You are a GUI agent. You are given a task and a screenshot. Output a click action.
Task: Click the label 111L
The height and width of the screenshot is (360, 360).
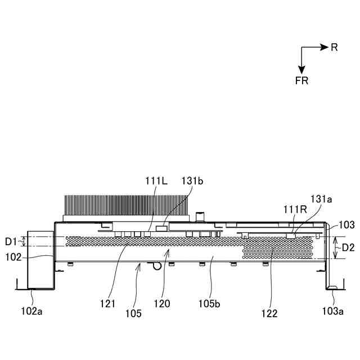point(156,181)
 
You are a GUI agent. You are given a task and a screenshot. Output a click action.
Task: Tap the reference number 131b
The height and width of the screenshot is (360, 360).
point(192,181)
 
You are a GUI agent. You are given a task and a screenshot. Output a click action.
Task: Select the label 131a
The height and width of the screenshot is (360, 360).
point(321,199)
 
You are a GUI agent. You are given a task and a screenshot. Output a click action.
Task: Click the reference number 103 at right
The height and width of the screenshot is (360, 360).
point(347,224)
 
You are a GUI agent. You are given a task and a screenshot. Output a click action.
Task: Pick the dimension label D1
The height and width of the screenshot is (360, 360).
point(12,241)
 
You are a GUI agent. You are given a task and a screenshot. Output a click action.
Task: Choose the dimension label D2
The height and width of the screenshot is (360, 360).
point(349,247)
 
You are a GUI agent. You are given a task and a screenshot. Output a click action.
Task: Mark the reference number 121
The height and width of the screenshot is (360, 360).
point(107,304)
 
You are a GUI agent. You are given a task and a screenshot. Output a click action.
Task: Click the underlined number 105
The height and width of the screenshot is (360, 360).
point(134,312)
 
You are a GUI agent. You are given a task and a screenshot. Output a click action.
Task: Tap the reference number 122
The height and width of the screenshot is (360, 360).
point(268,313)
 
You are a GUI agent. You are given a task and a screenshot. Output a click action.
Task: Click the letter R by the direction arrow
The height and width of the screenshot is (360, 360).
point(334,48)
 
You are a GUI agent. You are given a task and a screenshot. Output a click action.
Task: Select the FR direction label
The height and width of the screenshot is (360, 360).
point(301,80)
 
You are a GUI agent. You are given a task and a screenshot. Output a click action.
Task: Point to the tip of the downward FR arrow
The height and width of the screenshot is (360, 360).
point(301,72)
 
